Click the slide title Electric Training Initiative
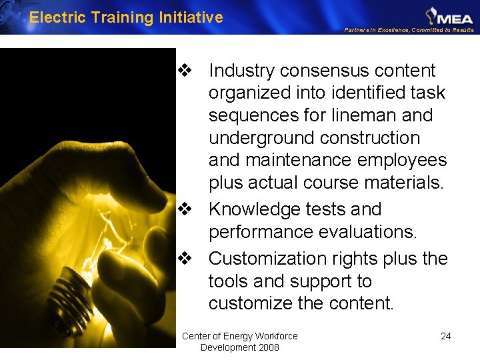126,17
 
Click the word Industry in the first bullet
242,71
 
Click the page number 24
446,336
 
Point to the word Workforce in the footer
276,336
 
